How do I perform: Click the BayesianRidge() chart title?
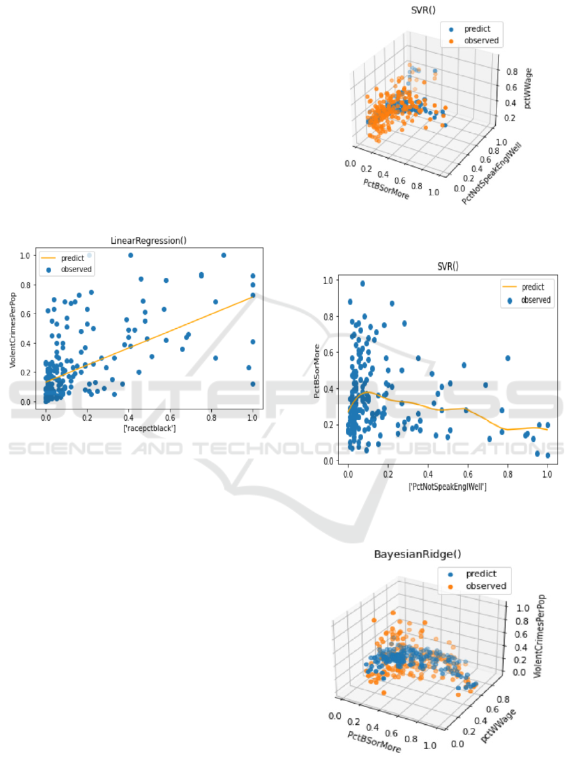[x=409, y=555]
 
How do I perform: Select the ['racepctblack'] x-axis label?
[x=149, y=428]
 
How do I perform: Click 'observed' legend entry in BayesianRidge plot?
[x=486, y=586]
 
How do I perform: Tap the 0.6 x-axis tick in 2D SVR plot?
[x=468, y=474]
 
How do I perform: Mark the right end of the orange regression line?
[x=253, y=297]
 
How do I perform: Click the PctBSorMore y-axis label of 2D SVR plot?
[x=316, y=370]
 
